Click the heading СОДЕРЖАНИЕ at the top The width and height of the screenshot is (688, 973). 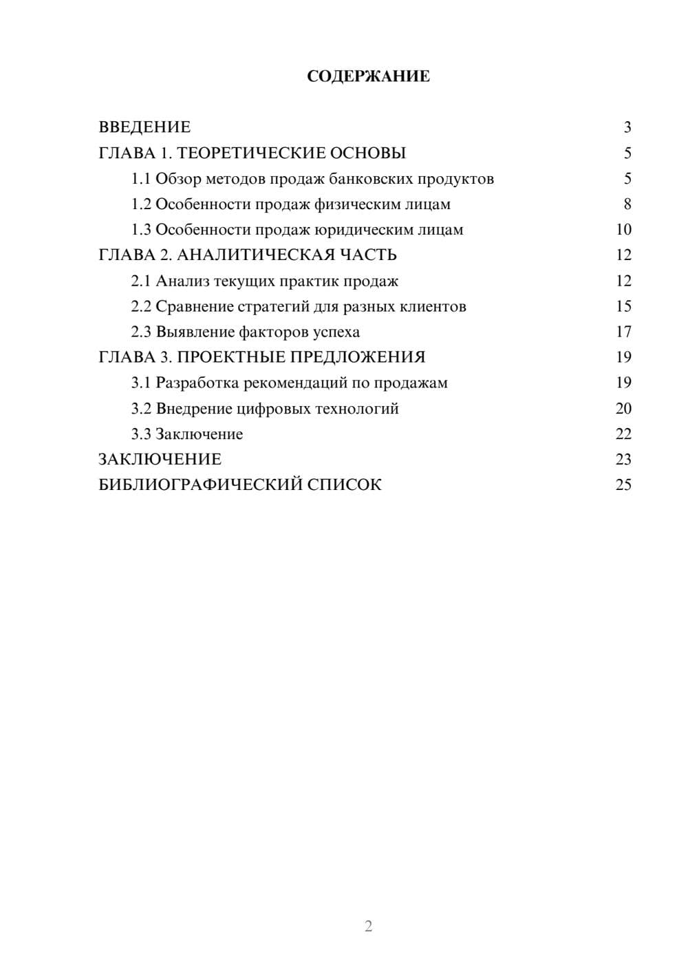click(368, 76)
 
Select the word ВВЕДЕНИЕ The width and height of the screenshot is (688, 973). click(144, 127)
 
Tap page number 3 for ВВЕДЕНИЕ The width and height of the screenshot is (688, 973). click(627, 127)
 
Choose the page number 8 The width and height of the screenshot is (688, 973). click(627, 204)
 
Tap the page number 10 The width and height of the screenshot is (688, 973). click(623, 230)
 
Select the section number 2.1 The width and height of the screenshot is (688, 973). click(141, 281)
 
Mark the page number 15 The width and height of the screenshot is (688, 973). click(623, 306)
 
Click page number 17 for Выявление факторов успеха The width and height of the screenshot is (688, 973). click(623, 332)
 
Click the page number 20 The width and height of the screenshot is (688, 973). click(623, 409)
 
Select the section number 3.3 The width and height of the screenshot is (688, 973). click(141, 434)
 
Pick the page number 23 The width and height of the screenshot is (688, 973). click(623, 460)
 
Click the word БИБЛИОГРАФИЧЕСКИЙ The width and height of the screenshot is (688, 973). click(200, 485)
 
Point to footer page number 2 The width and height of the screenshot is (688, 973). click(368, 926)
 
